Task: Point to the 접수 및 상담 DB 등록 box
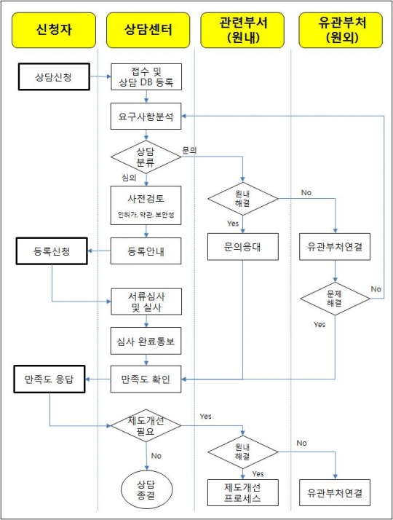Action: coord(146,76)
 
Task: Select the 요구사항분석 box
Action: coord(146,115)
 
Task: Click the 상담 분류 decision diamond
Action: coord(146,156)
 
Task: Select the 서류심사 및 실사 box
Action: coord(146,302)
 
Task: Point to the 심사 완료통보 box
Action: coord(146,340)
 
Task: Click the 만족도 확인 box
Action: coord(146,378)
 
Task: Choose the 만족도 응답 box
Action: coord(50,378)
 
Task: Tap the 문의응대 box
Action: coord(243,247)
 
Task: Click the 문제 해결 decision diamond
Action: coord(335,297)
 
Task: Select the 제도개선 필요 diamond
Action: coord(146,427)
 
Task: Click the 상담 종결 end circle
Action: coord(146,489)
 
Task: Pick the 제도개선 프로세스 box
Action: coord(243,492)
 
